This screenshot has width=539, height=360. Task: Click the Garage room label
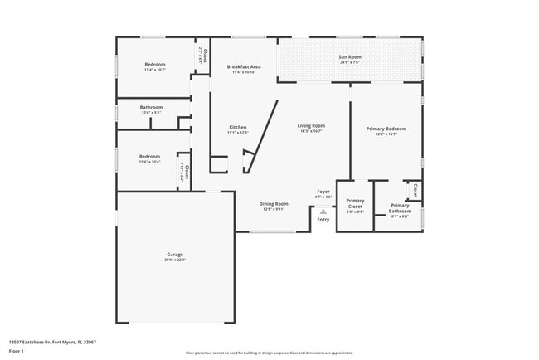pyautogui.click(x=174, y=255)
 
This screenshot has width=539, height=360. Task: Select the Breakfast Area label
pyautogui.click(x=244, y=66)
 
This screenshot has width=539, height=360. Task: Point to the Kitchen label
pyautogui.click(x=237, y=127)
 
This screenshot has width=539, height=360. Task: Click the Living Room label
pyautogui.click(x=311, y=125)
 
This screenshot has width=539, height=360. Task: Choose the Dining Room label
pyautogui.click(x=274, y=203)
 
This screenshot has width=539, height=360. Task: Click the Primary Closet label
pyautogui.click(x=355, y=203)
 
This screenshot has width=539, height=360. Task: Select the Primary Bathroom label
pyautogui.click(x=400, y=208)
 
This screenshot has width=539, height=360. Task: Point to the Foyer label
pyautogui.click(x=323, y=192)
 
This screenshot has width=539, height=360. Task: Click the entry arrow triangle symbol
pyautogui.click(x=323, y=211)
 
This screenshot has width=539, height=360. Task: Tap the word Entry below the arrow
pyautogui.click(x=323, y=219)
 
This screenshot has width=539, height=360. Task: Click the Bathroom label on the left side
pyautogui.click(x=151, y=107)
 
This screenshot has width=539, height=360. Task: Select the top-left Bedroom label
pyautogui.click(x=155, y=65)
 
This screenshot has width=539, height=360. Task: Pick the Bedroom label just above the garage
pyautogui.click(x=149, y=156)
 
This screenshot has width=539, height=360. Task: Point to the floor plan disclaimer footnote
pyautogui.click(x=269, y=353)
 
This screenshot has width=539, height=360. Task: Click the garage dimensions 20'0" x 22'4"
pyautogui.click(x=174, y=260)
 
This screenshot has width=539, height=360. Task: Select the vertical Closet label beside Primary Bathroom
pyautogui.click(x=415, y=190)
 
